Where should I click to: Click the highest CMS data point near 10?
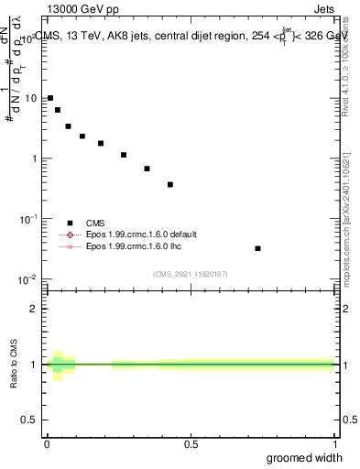[x=50, y=98]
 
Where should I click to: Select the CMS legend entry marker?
[x=70, y=223]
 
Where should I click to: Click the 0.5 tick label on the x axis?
[x=191, y=444]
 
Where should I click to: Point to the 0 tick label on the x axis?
[x=47, y=444]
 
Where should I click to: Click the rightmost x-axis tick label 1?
[x=334, y=444]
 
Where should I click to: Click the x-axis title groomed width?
[x=304, y=457]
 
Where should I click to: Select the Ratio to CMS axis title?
[x=15, y=365]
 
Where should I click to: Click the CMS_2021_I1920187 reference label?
[x=190, y=273]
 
